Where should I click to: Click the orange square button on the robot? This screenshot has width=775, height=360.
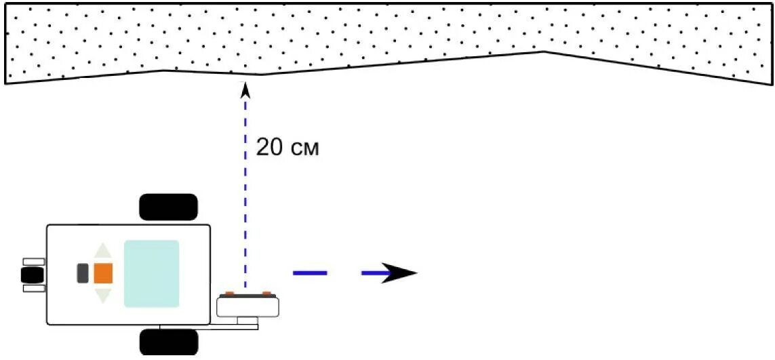(103, 273)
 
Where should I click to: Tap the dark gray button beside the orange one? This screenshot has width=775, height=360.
(83, 273)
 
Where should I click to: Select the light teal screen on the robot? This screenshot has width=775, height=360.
(152, 274)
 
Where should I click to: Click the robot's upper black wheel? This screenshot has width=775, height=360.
(168, 207)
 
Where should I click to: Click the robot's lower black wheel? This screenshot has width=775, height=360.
(169, 342)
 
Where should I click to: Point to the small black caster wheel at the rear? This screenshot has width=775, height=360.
(31, 275)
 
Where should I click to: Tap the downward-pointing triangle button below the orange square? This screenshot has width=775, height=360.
(102, 295)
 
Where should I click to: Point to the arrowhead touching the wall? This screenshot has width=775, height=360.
(245, 89)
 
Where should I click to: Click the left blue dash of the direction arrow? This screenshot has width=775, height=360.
(310, 273)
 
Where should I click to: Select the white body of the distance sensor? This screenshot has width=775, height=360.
(248, 306)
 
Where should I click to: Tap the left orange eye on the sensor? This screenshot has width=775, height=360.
(230, 294)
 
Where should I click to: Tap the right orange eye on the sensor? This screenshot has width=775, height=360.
(266, 294)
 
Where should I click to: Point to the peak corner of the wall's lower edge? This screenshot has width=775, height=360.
(543, 52)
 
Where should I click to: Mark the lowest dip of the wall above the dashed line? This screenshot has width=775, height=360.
(261, 75)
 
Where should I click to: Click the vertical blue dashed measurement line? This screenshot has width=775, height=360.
(245, 190)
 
